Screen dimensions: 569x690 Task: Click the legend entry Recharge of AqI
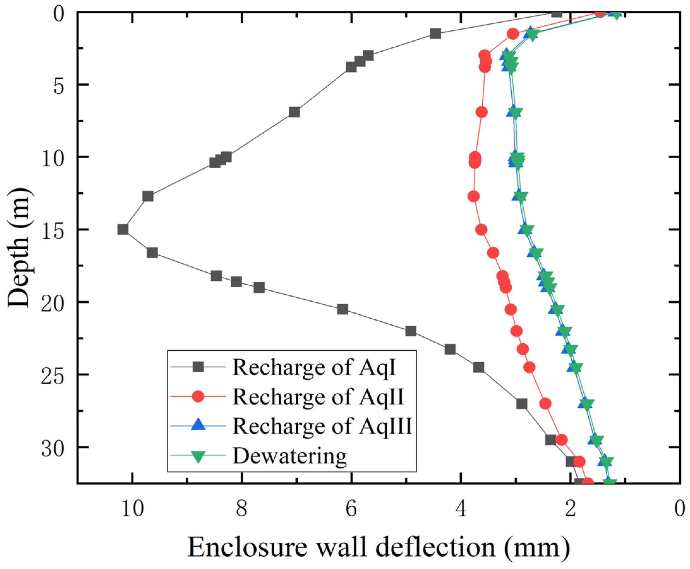coord(314,367)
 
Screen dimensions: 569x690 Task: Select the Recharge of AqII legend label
coord(318,397)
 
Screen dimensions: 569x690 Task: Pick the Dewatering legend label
coord(289,456)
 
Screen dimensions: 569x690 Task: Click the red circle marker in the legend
coord(198,396)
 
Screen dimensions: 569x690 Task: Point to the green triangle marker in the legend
coord(198,456)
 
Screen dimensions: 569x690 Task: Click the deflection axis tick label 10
coord(132,510)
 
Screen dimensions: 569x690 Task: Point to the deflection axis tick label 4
coord(461,510)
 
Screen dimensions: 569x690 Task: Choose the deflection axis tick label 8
coord(242,510)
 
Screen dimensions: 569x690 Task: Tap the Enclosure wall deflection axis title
coord(378,547)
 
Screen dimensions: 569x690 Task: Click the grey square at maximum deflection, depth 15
coord(123,229)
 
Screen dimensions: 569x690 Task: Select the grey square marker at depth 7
coord(294,112)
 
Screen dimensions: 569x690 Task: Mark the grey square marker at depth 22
coord(411,331)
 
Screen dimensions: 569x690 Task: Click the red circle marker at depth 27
coord(545,404)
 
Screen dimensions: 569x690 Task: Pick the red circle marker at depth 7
coord(482,112)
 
